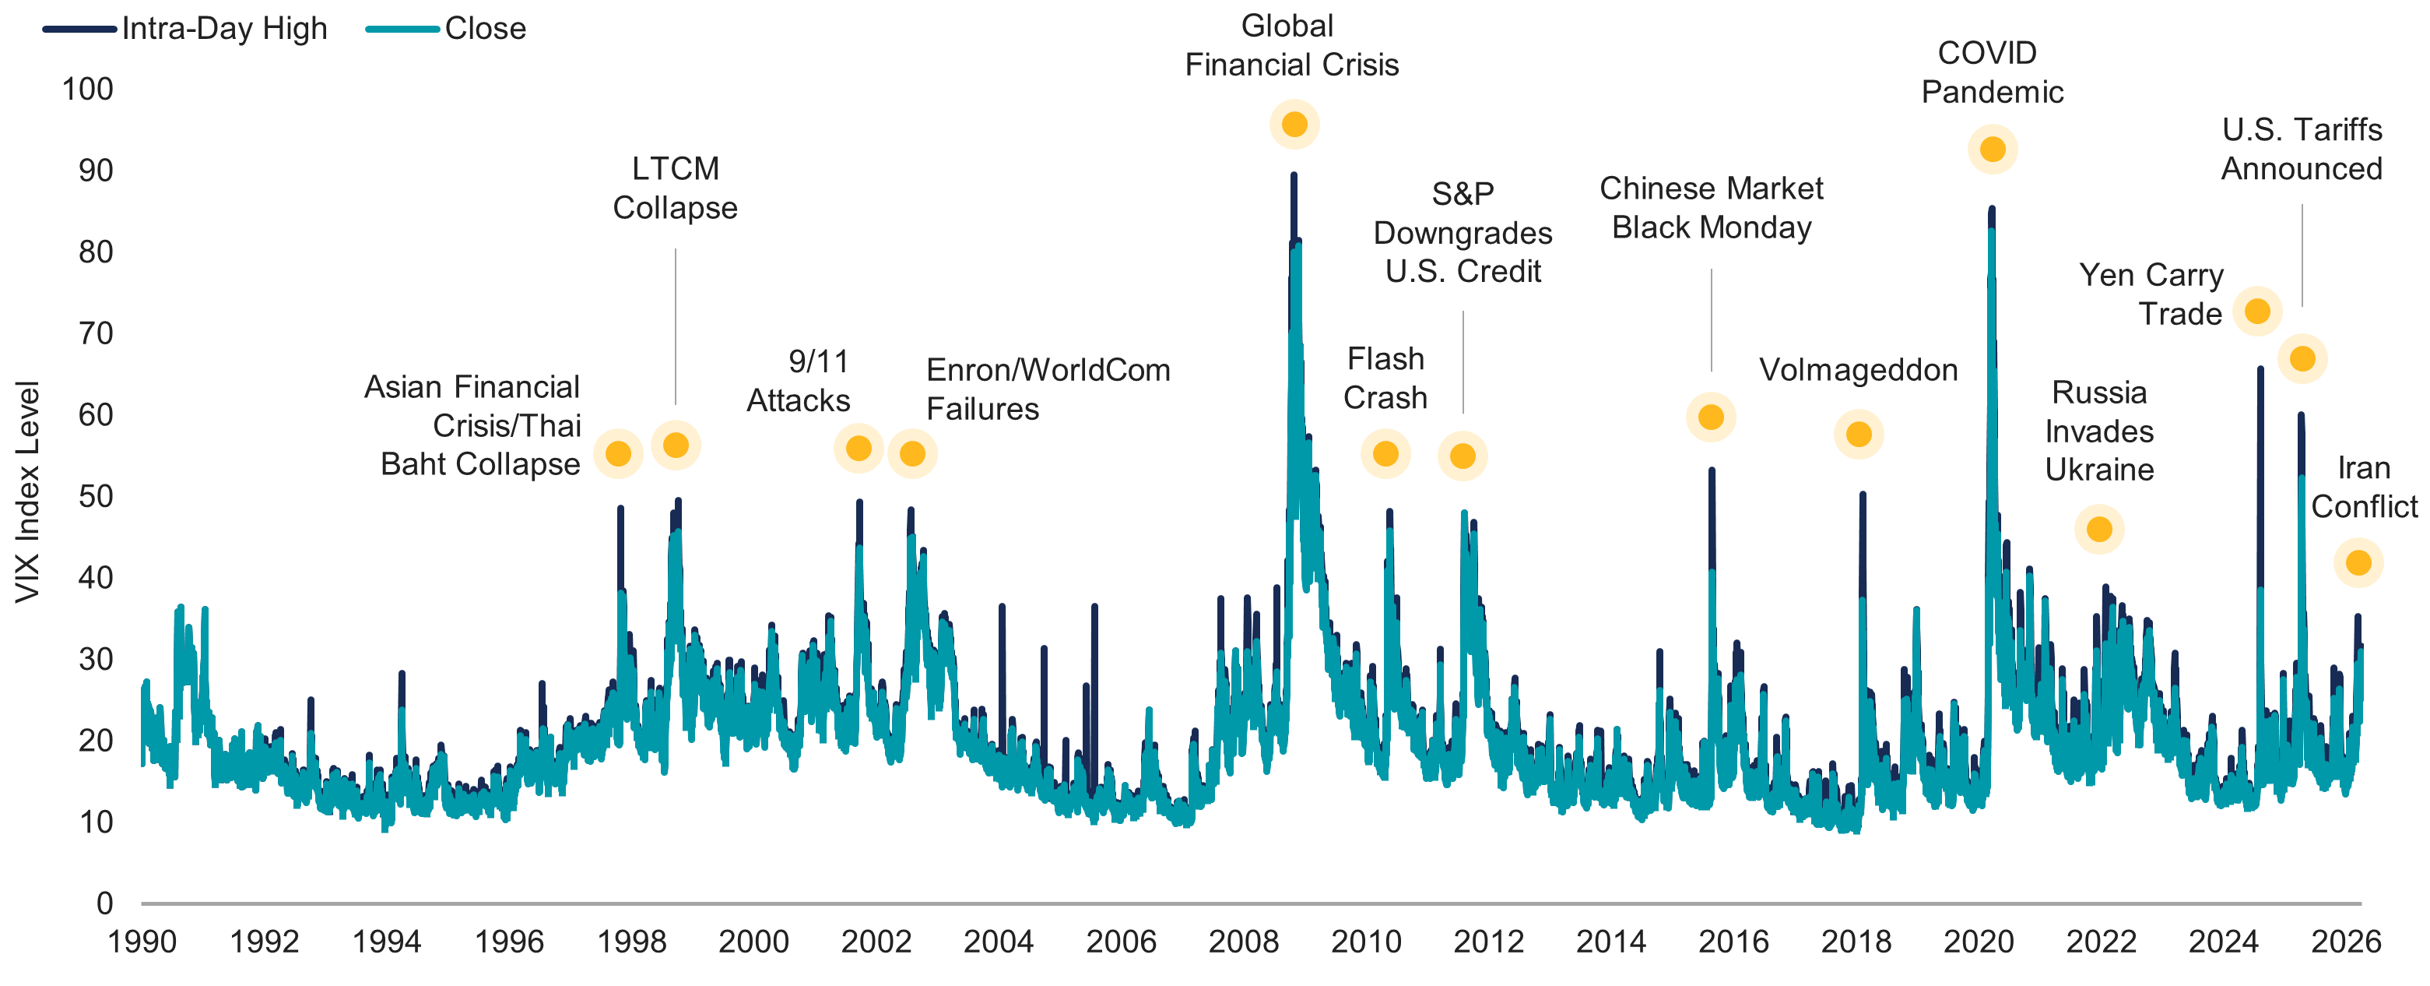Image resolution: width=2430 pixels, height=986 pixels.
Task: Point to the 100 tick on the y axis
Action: [87, 90]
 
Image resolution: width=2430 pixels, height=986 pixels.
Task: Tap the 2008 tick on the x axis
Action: [1243, 941]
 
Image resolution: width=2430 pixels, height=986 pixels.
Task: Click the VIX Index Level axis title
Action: [26, 491]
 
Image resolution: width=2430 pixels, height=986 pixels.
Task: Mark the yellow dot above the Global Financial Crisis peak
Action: [1294, 125]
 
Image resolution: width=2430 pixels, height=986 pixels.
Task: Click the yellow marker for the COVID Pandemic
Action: [1993, 149]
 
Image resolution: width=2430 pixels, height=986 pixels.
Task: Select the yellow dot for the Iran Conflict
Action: [2358, 562]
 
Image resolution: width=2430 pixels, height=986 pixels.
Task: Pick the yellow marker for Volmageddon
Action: [1859, 434]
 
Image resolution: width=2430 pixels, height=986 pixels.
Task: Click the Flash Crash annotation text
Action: [1385, 379]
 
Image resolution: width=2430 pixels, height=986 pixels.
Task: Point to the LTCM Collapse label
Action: [676, 188]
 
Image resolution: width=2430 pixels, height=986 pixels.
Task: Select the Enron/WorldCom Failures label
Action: [1047, 389]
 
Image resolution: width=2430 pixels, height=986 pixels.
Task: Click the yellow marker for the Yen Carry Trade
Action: [2257, 312]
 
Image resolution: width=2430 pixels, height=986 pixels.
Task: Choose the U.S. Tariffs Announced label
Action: [2302, 149]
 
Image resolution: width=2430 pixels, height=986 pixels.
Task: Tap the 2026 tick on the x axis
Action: [2345, 941]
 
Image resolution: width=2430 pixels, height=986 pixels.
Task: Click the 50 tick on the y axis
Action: [94, 496]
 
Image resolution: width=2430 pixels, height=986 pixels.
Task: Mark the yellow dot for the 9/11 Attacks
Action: [859, 448]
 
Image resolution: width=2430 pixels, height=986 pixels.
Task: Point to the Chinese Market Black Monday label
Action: [1711, 208]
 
